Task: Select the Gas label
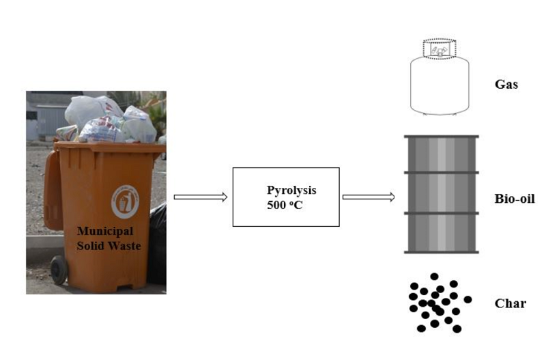pyautogui.click(x=506, y=85)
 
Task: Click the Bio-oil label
pyautogui.click(x=514, y=199)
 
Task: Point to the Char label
pyautogui.click(x=510, y=303)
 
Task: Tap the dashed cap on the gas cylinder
pyautogui.click(x=440, y=49)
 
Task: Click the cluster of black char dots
pyautogui.click(x=437, y=303)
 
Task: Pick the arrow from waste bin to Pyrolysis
pyautogui.click(x=200, y=197)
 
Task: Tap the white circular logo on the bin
pyautogui.click(x=124, y=202)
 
